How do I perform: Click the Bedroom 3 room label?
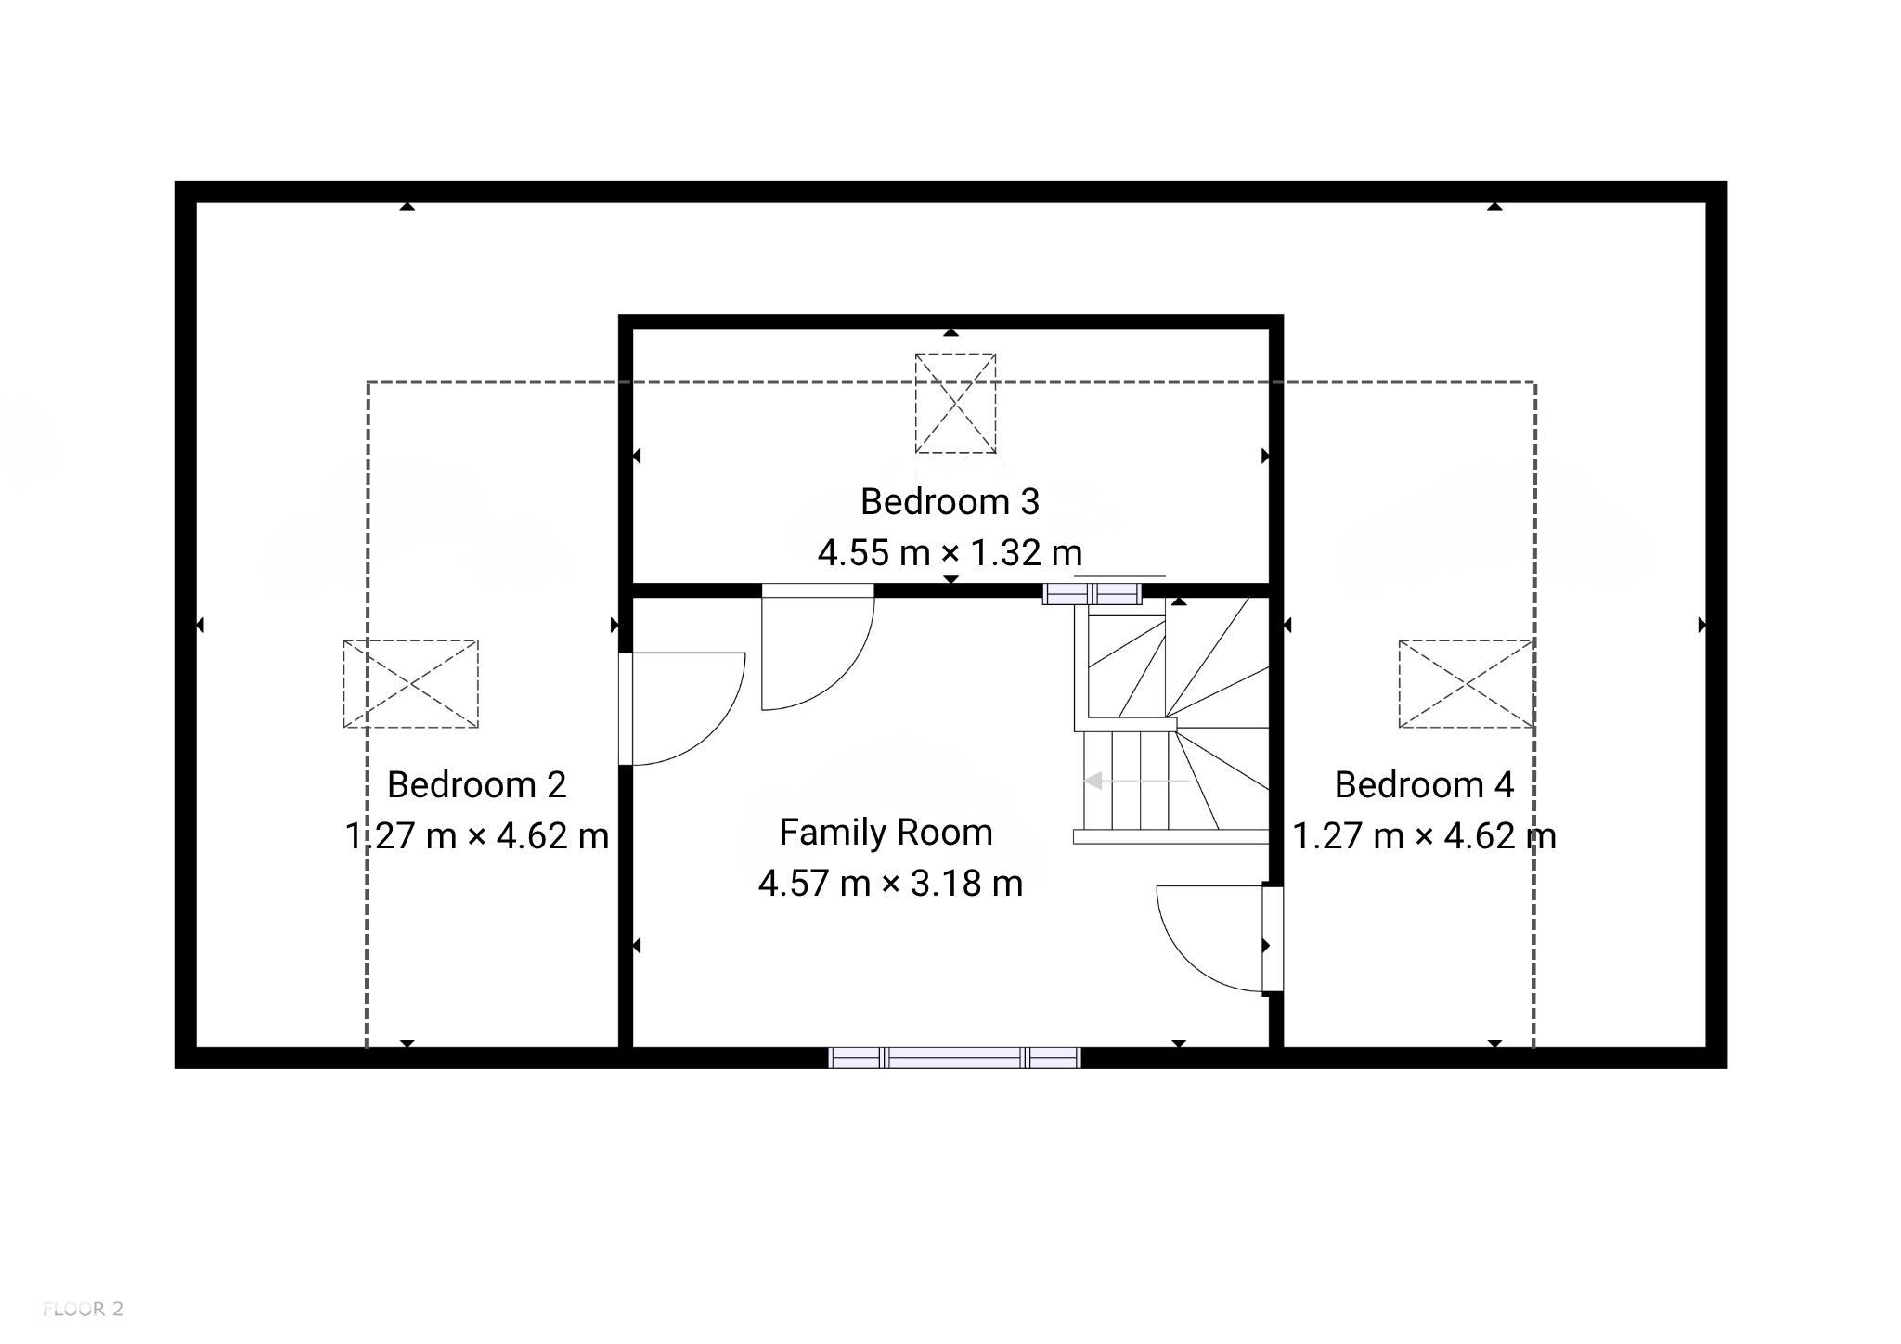click(950, 502)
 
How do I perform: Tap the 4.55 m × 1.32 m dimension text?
click(950, 553)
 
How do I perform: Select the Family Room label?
click(886, 833)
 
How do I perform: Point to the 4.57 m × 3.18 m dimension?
click(890, 883)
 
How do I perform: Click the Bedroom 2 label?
click(476, 785)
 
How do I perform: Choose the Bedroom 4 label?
click(1424, 785)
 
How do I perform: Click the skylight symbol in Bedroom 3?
click(955, 404)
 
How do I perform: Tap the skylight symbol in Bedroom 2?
click(410, 684)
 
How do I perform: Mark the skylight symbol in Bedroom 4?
click(1466, 684)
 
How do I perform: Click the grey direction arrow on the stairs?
click(1136, 782)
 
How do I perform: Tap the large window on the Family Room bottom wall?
click(954, 1057)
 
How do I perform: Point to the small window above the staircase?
click(1092, 593)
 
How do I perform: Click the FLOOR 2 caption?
click(83, 1310)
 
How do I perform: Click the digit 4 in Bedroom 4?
click(1504, 785)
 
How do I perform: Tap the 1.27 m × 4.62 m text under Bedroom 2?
click(476, 836)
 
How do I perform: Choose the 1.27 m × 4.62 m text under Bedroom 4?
click(1424, 836)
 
